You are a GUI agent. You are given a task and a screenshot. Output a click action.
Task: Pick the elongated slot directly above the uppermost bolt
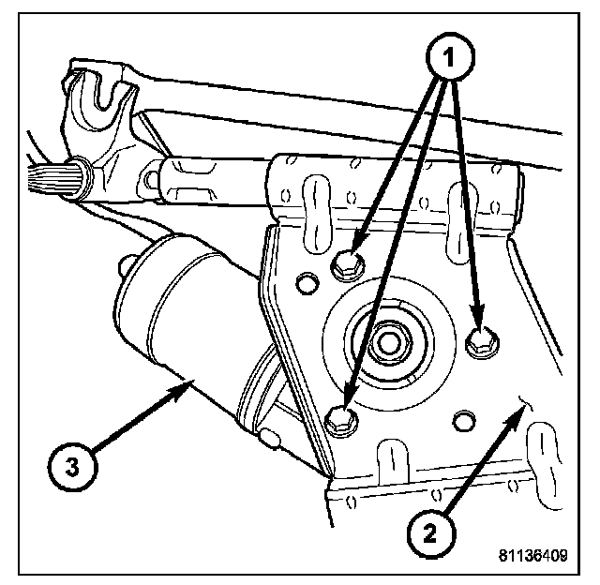317,201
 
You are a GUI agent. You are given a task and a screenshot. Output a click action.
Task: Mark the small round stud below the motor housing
274,437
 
